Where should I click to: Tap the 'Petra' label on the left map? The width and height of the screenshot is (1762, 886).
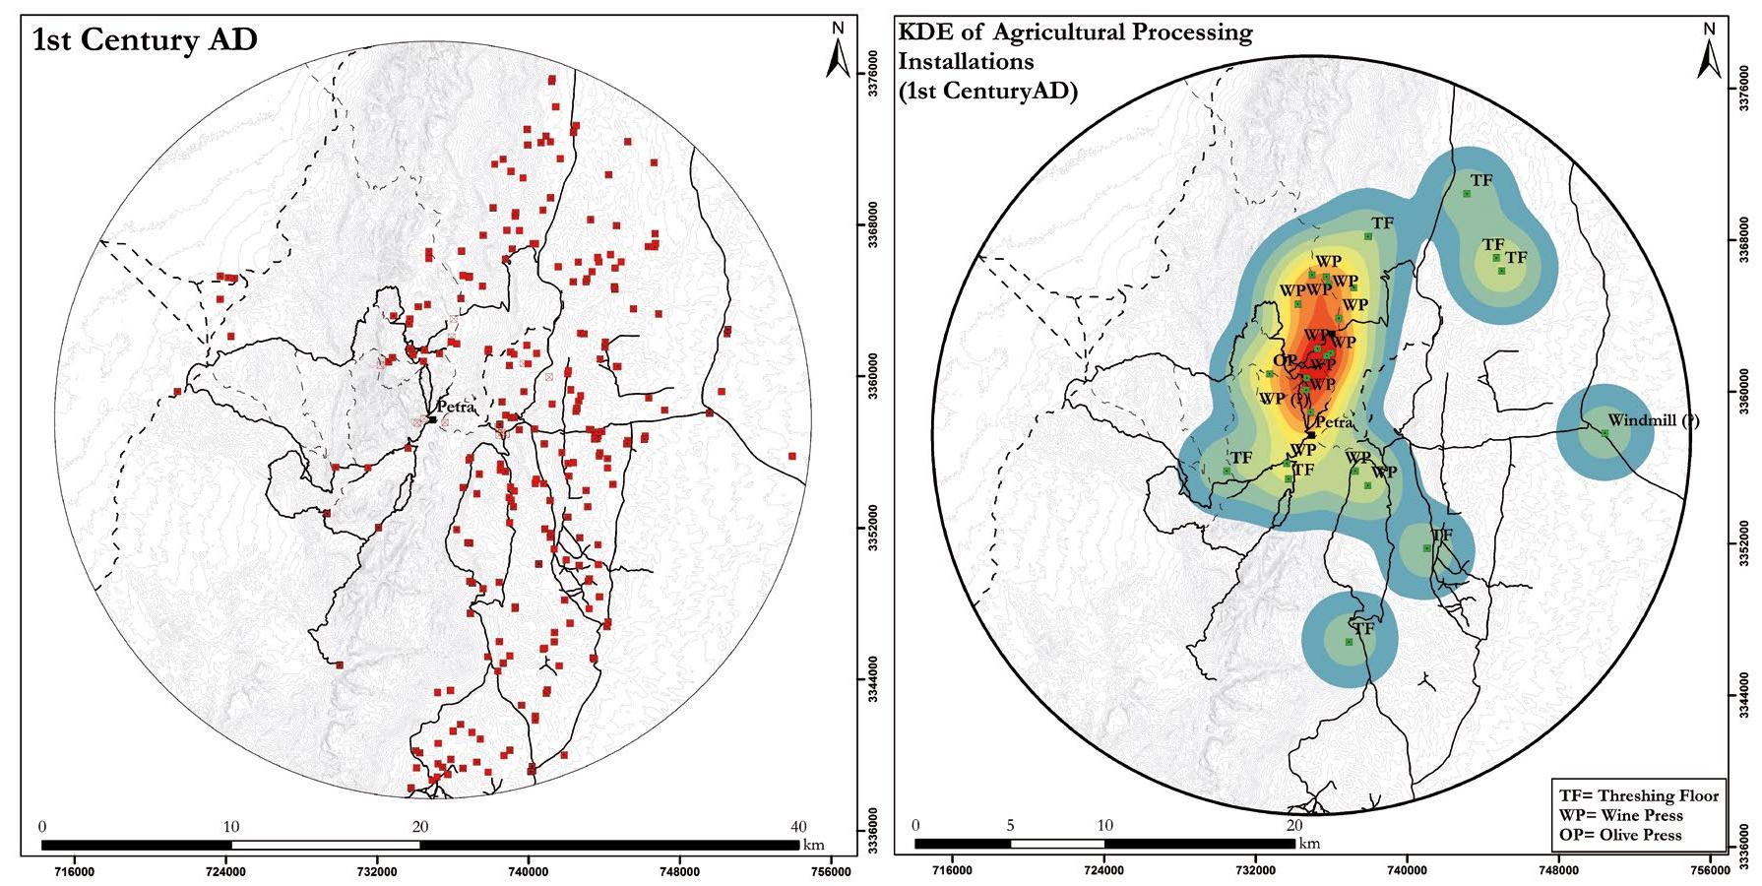click(x=456, y=407)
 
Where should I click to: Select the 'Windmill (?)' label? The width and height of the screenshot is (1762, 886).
click(x=1654, y=420)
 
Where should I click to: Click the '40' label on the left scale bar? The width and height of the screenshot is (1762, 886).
click(x=798, y=827)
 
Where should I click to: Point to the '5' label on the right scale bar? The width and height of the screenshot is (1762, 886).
click(x=1010, y=825)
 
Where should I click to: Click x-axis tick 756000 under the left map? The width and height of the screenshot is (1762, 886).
click(x=830, y=870)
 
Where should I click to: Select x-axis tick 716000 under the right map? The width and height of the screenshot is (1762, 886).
click(x=952, y=870)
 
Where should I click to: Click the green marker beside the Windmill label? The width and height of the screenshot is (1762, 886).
click(x=1605, y=433)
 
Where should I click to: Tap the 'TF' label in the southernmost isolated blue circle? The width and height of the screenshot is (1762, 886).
click(x=1362, y=628)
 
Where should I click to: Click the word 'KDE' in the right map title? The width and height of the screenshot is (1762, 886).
click(x=922, y=32)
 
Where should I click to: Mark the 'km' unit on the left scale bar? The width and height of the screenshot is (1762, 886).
click(x=814, y=846)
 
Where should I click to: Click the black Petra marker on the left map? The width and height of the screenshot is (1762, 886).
click(x=432, y=419)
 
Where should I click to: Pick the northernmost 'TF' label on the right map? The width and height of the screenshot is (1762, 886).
click(x=1480, y=180)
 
